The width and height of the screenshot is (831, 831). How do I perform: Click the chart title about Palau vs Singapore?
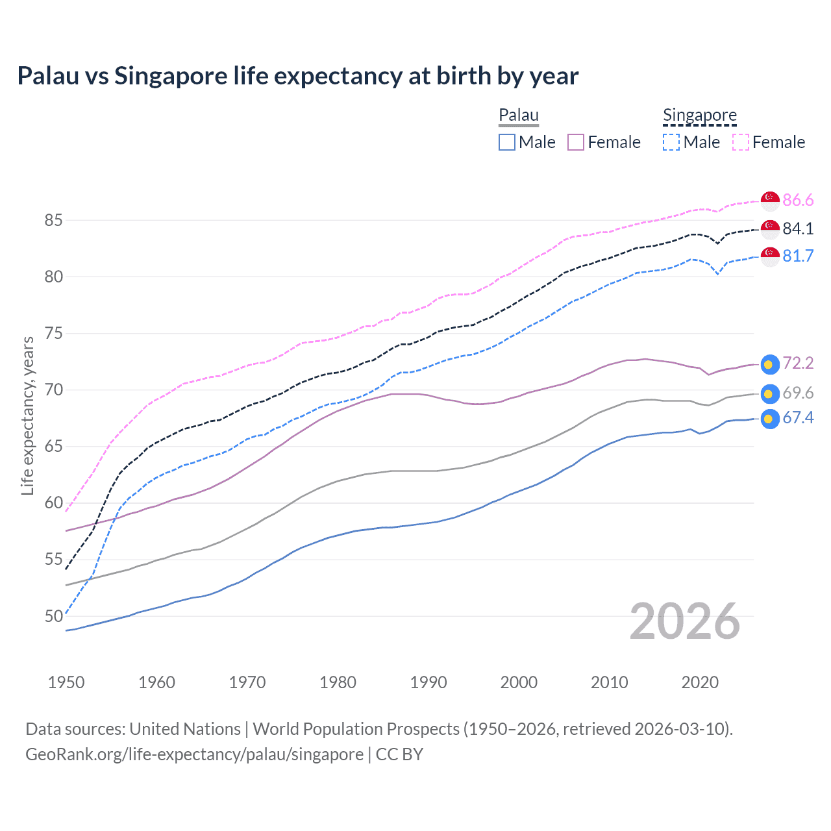(x=297, y=76)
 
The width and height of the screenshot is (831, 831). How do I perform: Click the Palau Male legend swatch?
(x=507, y=142)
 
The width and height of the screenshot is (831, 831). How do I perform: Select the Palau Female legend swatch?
(x=576, y=142)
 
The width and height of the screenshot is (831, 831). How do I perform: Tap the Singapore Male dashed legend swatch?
(x=671, y=142)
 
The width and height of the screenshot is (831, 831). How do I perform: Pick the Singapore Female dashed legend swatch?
(x=741, y=142)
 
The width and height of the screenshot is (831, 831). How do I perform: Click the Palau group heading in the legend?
(x=519, y=116)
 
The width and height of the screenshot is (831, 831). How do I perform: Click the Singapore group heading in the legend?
(x=700, y=116)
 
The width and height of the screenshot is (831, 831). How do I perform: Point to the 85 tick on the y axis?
(x=53, y=221)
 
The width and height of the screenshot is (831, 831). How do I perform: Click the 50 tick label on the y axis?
(x=53, y=616)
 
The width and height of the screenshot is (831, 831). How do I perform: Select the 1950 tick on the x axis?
(x=66, y=682)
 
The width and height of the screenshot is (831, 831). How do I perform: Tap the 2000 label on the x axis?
(x=519, y=682)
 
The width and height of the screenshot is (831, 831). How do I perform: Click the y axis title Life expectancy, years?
(x=27, y=415)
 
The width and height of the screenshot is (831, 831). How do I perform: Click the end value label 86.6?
(x=798, y=201)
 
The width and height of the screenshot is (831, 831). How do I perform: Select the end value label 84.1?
(x=798, y=229)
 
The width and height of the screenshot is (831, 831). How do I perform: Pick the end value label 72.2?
(x=798, y=363)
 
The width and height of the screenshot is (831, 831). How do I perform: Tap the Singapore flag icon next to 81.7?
(x=770, y=256)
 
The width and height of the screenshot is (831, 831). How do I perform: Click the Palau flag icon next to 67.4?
(x=770, y=419)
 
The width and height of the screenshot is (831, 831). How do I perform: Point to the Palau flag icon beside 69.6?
(x=770, y=393)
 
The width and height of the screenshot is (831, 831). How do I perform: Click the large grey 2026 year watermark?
(x=685, y=621)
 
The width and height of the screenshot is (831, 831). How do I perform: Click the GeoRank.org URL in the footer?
(x=194, y=754)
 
